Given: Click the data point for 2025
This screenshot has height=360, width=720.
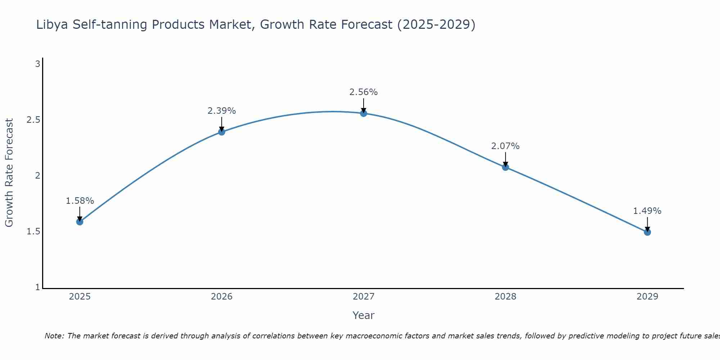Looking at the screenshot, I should [x=80, y=222].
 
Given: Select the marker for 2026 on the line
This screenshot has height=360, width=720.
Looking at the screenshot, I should [x=222, y=132].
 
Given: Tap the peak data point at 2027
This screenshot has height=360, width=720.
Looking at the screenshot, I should [x=364, y=113].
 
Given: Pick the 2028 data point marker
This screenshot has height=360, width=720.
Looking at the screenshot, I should [x=505, y=167].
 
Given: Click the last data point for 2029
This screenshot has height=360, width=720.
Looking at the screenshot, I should [x=647, y=232].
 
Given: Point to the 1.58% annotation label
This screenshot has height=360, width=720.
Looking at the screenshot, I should [x=80, y=201].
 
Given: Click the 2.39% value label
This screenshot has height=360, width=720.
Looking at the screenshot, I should [x=222, y=111].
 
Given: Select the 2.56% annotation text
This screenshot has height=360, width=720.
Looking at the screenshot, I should [x=364, y=92].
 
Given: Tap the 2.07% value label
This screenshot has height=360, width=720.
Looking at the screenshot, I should [x=505, y=146].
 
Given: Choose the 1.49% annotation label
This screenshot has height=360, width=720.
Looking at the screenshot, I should [x=647, y=211].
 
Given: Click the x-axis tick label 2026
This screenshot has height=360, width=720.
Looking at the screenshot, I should [x=222, y=297].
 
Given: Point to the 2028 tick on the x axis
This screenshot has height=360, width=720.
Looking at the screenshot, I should [x=505, y=297].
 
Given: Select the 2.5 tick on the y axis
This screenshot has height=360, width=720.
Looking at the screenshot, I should [x=33, y=120].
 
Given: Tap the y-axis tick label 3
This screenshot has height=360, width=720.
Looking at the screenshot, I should [x=37, y=64].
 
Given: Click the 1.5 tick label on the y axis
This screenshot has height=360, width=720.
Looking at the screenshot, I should [x=33, y=231].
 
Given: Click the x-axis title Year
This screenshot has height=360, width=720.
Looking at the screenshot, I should [x=364, y=315].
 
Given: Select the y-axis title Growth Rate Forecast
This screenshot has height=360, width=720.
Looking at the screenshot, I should [x=9, y=173].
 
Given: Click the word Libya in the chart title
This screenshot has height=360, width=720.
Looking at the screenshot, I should [x=52, y=24].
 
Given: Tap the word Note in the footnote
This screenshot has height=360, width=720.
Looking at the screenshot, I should [x=54, y=336].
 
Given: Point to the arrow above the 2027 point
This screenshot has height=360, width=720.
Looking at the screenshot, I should [x=364, y=105].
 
